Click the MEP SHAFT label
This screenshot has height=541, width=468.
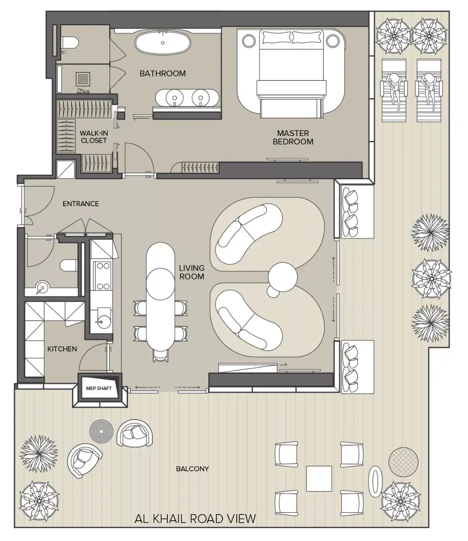[98, 388]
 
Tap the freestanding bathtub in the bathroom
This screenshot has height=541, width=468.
[163, 43]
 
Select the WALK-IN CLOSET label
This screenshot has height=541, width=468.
[94, 137]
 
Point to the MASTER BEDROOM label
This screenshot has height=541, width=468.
[293, 137]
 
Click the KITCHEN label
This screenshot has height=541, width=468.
[62, 349]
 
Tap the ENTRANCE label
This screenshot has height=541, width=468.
[81, 204]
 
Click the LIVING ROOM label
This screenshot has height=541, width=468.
[192, 272]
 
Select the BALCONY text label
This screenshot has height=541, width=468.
[192, 469]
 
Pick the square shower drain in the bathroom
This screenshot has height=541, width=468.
[83, 79]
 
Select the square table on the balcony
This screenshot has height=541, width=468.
[319, 479]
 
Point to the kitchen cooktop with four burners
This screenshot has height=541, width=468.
[103, 276]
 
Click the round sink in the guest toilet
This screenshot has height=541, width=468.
[42, 288]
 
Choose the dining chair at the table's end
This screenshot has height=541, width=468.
[161, 355]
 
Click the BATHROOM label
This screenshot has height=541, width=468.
[163, 74]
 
